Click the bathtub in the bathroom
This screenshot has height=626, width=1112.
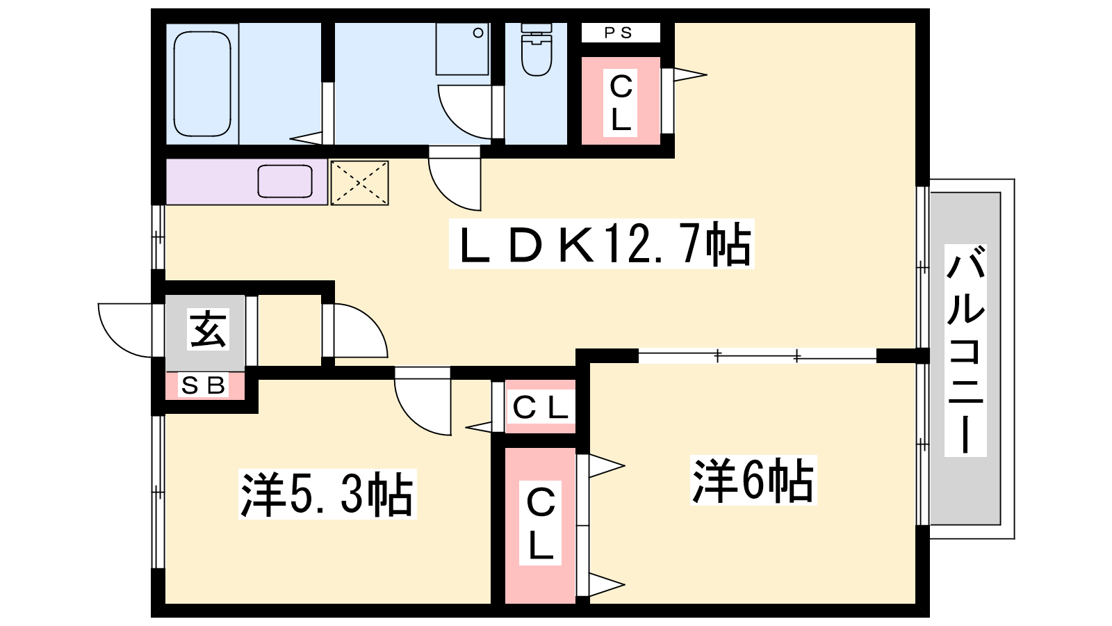202,84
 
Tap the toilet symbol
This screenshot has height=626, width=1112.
536,49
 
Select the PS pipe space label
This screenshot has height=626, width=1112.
619,33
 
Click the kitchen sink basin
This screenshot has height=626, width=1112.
285,182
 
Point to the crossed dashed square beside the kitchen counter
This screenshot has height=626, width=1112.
359,182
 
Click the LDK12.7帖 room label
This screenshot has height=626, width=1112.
602,244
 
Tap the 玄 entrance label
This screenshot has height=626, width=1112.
208,329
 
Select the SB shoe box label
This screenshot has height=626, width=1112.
204,385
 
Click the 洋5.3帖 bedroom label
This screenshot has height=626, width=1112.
327,495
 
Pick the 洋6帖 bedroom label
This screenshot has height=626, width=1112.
753,481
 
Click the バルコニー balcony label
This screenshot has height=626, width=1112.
965,351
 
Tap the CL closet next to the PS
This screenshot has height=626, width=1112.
621,101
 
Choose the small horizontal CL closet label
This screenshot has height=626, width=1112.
540,408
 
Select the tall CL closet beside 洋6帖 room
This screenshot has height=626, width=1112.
540,526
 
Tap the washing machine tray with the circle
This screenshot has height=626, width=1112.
462,49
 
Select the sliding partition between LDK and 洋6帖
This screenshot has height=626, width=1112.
757,355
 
